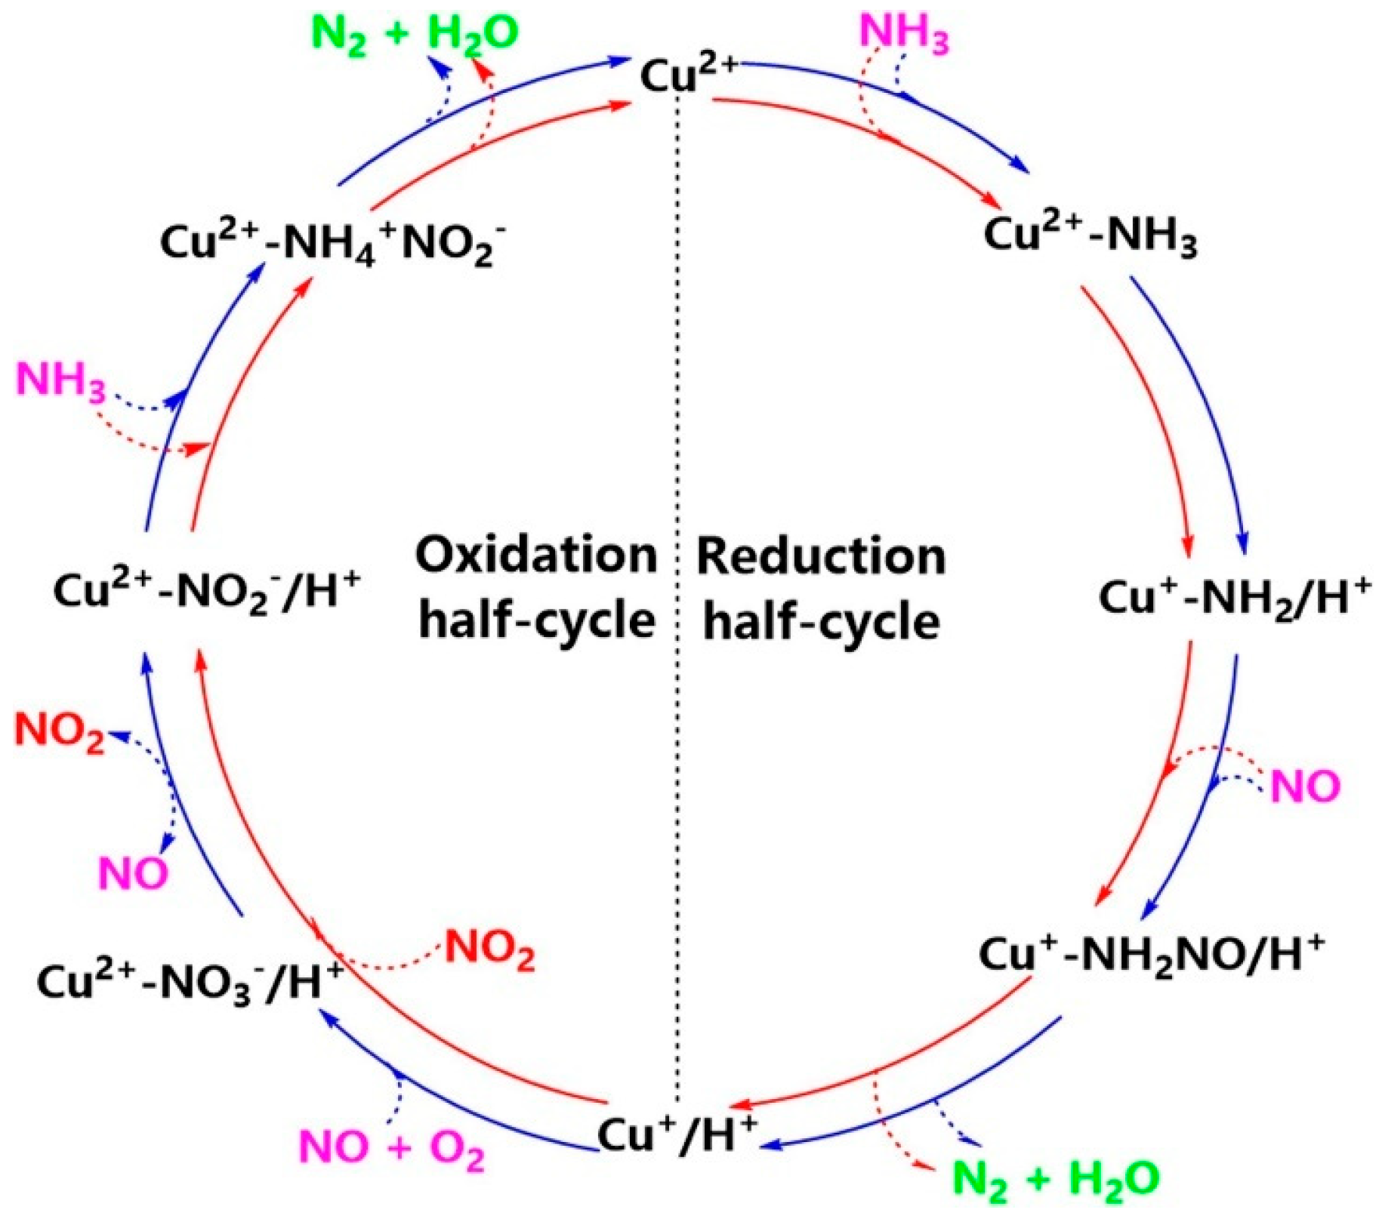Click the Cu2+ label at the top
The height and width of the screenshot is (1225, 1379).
coord(687,74)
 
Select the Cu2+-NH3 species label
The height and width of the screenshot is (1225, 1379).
coord(1090,235)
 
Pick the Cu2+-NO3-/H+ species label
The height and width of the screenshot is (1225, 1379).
coord(190,983)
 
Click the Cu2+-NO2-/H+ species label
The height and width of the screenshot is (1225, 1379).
coord(206,591)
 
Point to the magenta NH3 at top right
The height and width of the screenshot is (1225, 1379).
coord(904,33)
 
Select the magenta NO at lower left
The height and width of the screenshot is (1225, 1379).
coord(133,874)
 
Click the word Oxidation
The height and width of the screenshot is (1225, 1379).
coord(536,556)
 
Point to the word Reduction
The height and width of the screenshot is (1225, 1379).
coord(821,556)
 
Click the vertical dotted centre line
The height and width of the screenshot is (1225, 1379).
coord(677,453)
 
